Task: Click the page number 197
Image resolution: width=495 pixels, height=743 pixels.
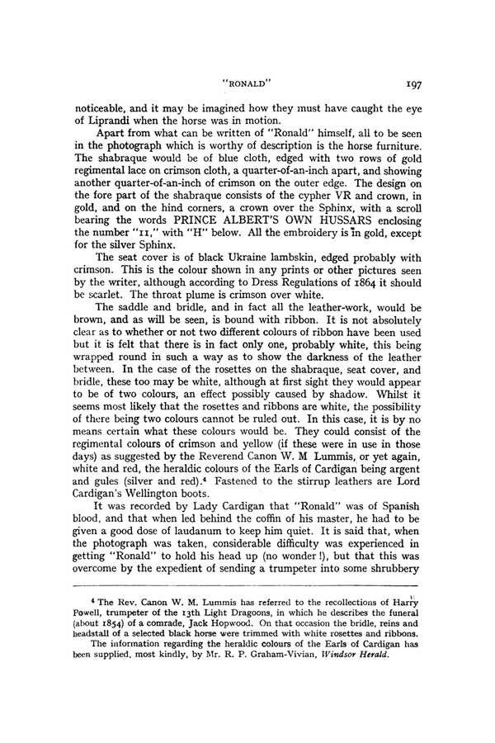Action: coord(415,83)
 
